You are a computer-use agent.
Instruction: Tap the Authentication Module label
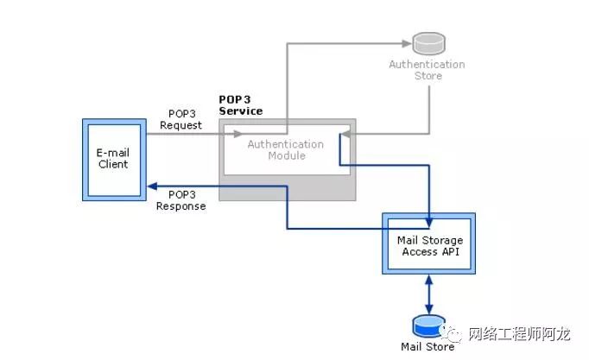point(286,149)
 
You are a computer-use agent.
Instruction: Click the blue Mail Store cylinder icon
point(428,326)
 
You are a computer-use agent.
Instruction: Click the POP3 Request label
point(181,119)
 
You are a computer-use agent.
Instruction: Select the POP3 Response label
point(181,200)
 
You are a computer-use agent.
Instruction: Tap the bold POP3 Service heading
point(241,105)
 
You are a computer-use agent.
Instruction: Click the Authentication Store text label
point(427,70)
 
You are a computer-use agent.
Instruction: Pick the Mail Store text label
point(427,348)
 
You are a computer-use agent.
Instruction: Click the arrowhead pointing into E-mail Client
point(149,186)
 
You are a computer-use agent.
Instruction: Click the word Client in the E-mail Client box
point(112,164)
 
